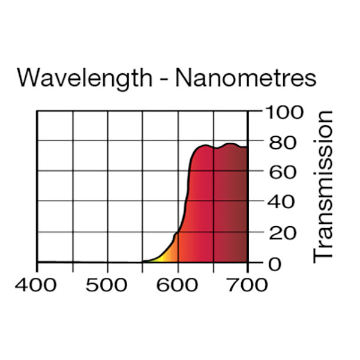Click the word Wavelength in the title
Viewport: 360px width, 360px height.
point(84,78)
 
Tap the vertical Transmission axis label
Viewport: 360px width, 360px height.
point(323,186)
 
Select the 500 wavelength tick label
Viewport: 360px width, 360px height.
point(107,284)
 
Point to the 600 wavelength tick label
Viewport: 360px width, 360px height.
point(178,284)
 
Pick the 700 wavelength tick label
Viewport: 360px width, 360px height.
point(247,284)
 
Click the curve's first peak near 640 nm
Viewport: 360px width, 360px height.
point(205,145)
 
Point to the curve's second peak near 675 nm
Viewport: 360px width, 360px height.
point(229,144)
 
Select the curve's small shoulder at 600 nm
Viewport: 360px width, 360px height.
point(177,233)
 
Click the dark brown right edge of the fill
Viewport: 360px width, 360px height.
point(243,210)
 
